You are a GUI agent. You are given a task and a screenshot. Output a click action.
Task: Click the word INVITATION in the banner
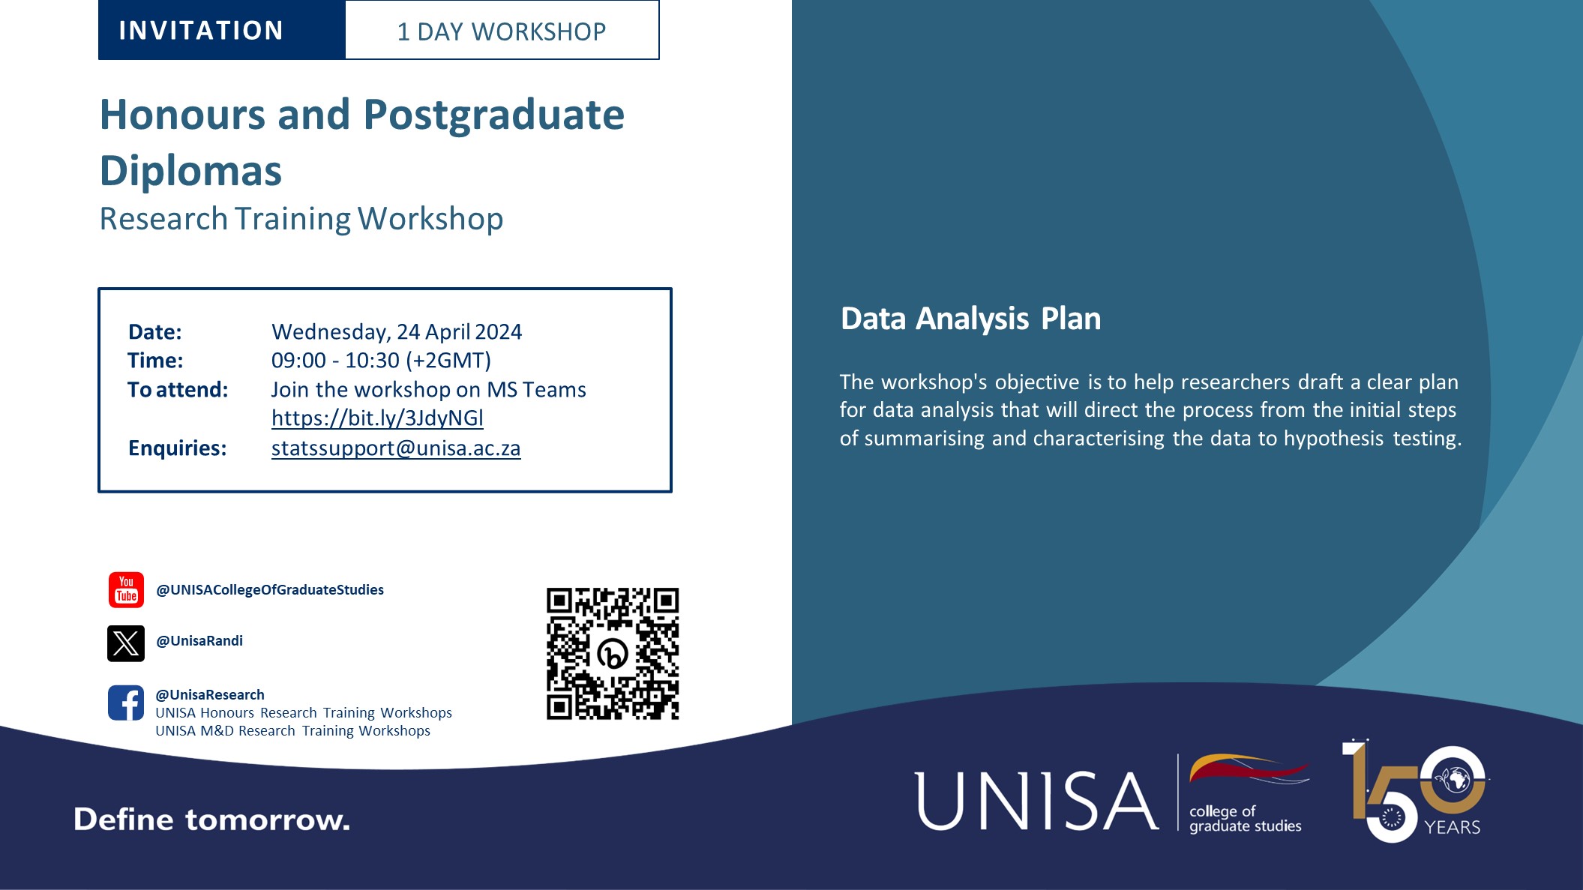[x=201, y=31]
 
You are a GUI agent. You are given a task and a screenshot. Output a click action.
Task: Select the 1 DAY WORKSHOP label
[x=501, y=31]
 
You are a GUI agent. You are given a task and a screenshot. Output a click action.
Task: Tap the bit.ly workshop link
[x=377, y=418]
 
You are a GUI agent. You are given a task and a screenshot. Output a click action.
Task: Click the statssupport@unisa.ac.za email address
[x=396, y=448]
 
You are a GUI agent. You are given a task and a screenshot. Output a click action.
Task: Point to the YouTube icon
[x=126, y=590]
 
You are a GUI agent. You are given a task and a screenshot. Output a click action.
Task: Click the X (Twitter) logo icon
[x=126, y=643]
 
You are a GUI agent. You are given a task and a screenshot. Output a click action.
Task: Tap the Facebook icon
[x=126, y=703]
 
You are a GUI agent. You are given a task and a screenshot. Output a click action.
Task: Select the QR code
[x=613, y=653]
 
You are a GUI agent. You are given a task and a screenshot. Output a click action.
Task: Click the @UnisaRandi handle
[x=199, y=641]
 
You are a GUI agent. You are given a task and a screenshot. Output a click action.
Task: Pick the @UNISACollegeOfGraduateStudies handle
[x=270, y=590]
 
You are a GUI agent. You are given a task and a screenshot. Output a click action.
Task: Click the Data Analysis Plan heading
[x=970, y=319]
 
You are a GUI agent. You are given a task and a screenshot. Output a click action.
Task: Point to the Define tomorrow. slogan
[x=211, y=820]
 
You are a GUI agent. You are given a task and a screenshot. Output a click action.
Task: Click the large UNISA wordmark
[x=1036, y=802]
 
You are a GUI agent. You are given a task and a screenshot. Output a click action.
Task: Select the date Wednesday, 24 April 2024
[x=397, y=331]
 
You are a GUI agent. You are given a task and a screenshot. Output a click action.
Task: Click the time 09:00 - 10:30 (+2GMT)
[x=381, y=361]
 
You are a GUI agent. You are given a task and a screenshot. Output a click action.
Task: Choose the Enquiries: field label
[x=178, y=448]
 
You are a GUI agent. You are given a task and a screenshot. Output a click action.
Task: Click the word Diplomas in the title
[x=191, y=171]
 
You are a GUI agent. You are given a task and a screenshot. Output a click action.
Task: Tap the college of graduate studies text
[x=1245, y=819]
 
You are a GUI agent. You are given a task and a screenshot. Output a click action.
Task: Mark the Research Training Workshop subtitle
[x=301, y=219]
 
